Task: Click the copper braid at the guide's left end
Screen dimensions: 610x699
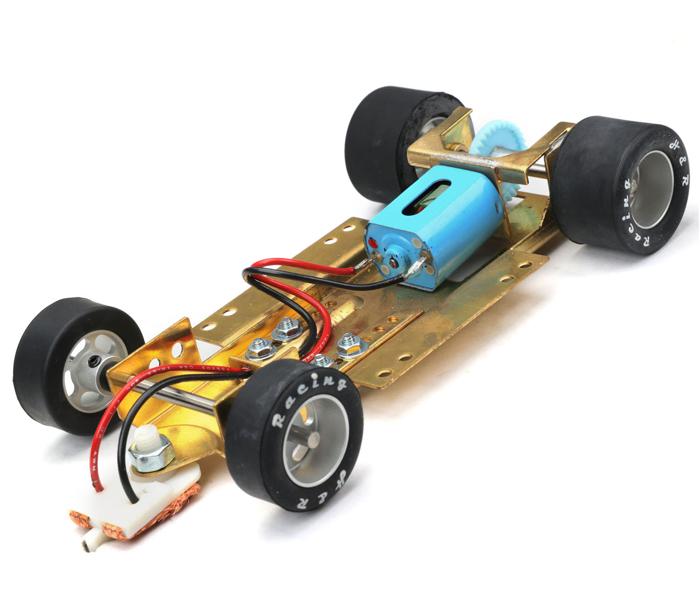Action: [x=80, y=520]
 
